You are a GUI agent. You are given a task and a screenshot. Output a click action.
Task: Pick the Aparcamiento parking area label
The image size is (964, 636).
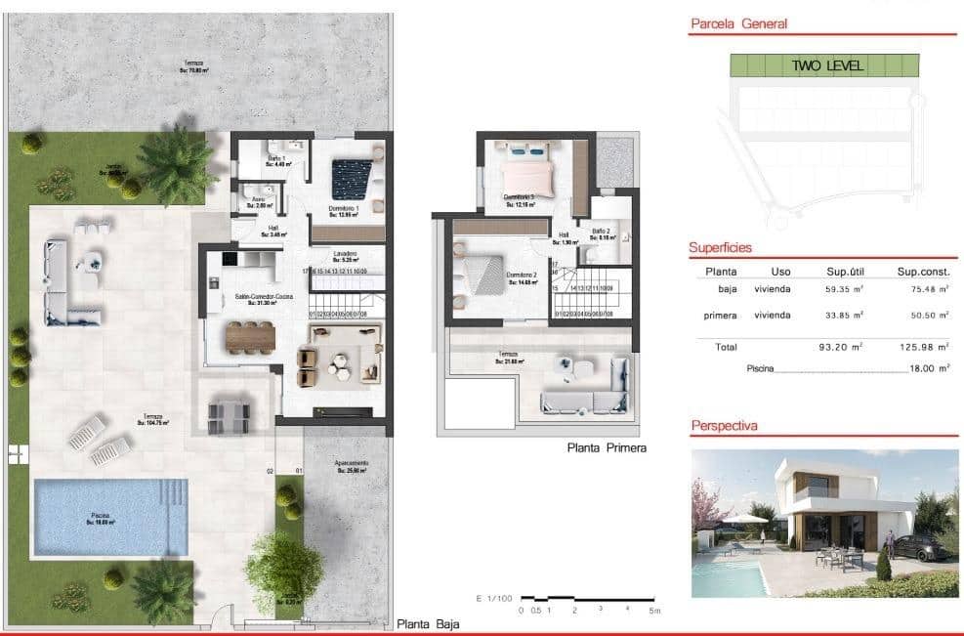pos(351,466)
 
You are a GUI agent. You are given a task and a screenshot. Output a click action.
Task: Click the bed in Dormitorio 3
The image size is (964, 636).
pos(527,174)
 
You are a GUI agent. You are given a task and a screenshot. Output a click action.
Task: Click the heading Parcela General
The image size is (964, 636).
pos(738,24)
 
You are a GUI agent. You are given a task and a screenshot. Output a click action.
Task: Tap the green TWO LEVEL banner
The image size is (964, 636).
pos(825,66)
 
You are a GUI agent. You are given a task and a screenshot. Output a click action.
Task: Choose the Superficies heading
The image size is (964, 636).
pos(720,248)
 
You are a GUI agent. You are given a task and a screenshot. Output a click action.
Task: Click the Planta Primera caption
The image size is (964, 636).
pos(607,448)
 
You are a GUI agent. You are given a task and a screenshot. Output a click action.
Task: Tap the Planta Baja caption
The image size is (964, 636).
pos(428,623)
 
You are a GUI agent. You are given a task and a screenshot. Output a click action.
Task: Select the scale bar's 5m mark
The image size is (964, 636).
pos(655,611)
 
